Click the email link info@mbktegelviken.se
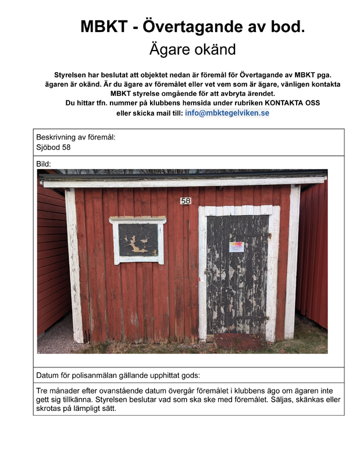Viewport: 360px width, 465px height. [227, 113]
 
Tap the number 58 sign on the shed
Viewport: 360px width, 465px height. [186, 201]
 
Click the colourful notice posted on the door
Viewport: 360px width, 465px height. [236, 247]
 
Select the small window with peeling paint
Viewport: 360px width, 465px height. [138, 239]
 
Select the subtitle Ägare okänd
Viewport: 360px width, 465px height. [193, 49]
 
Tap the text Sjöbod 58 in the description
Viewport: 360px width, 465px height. [54, 147]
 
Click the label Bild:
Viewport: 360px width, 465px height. [44, 164]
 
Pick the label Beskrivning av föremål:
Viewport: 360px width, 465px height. [76, 137]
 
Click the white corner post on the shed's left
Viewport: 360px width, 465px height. [74, 267]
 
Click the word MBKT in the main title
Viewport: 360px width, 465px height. [104, 26]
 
